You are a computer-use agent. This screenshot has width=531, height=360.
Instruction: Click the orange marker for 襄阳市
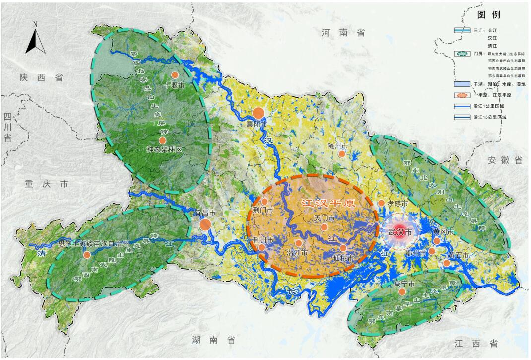pos(258,113)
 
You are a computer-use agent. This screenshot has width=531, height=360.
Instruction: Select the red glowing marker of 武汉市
pos(400,232)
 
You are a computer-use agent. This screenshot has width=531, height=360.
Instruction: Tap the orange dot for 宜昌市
pos(205,224)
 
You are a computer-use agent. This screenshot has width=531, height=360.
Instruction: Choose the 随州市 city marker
pos(341,154)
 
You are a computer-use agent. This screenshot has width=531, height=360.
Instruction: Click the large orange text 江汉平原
pos(322,204)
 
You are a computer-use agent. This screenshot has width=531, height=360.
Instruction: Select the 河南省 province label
pos(343,33)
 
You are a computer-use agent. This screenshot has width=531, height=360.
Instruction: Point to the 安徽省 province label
pos(505,160)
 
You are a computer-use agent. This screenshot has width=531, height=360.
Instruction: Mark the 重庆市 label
pos(47,184)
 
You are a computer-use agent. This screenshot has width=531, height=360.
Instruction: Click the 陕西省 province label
pos(41,78)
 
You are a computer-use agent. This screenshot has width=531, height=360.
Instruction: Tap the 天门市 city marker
pos(324,227)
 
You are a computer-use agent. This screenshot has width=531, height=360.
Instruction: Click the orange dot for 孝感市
pos(381,203)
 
